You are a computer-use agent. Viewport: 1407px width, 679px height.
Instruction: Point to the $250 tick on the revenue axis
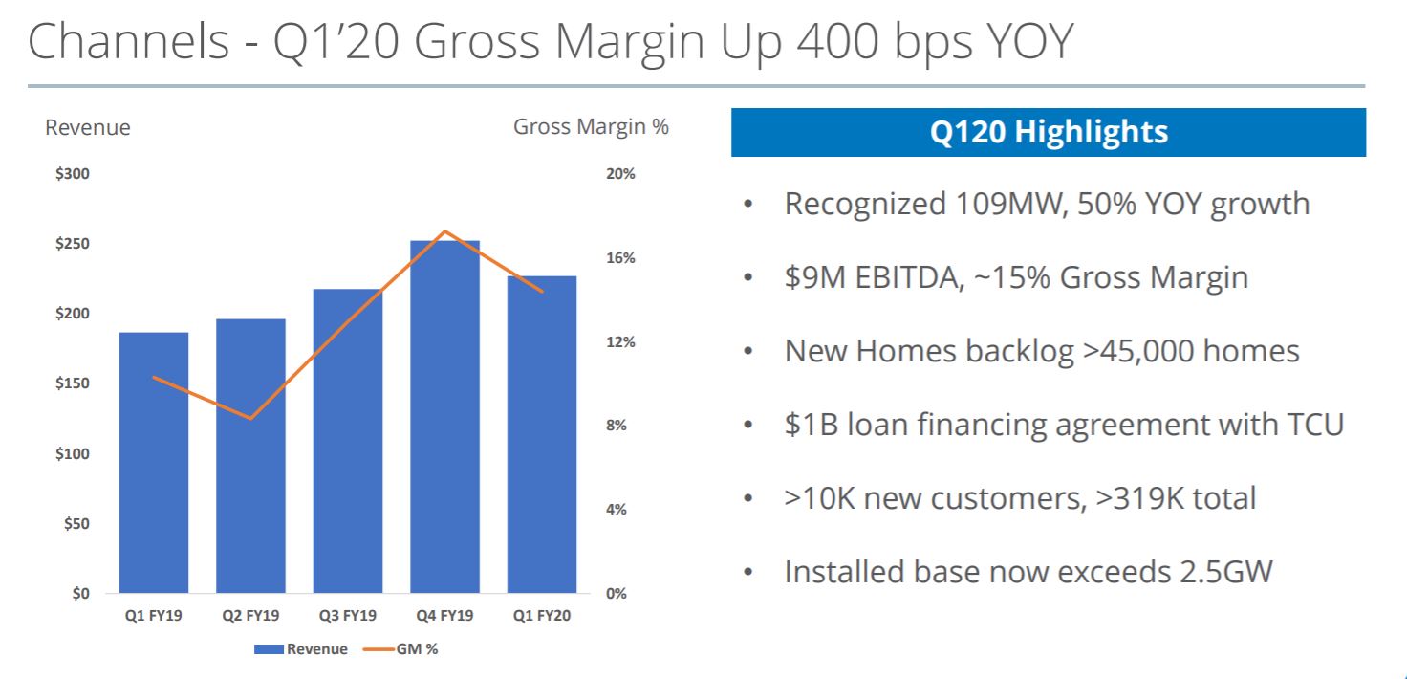[x=73, y=244]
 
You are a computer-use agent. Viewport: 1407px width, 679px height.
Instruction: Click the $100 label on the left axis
[x=73, y=453]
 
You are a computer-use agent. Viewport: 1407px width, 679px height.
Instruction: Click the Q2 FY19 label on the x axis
[x=250, y=616]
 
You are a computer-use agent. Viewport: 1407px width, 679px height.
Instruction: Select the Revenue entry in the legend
[x=301, y=649]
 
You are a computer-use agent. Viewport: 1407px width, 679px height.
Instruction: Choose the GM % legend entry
[x=400, y=649]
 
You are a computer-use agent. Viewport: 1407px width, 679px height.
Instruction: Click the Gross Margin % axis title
[x=591, y=126]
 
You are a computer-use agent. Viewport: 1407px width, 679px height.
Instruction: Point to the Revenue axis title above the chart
[x=88, y=127]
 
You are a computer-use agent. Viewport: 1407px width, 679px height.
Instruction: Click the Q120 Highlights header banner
[x=1049, y=132]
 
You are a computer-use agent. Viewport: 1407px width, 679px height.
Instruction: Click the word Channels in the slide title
[x=129, y=44]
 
